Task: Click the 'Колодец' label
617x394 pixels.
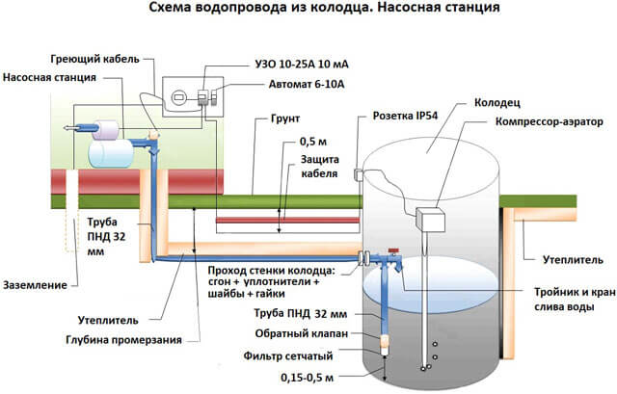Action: (518, 101)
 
